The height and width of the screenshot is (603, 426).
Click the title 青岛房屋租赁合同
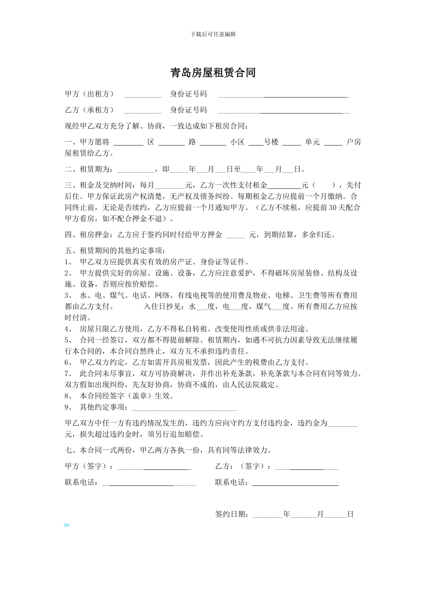[x=213, y=73]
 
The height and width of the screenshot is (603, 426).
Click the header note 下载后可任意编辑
[x=213, y=34]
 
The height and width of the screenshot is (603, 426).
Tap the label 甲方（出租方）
[x=89, y=94]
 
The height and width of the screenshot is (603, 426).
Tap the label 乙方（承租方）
[x=89, y=110]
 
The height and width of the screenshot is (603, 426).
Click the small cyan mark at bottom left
[x=67, y=525]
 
